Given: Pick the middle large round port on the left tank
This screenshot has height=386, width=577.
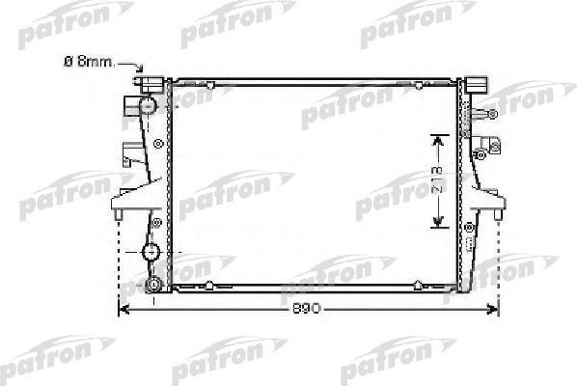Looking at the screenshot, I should [x=150, y=254].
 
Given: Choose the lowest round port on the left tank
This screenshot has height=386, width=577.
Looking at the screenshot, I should [x=151, y=285].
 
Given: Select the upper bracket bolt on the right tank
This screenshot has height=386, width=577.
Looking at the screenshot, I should [x=493, y=115].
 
